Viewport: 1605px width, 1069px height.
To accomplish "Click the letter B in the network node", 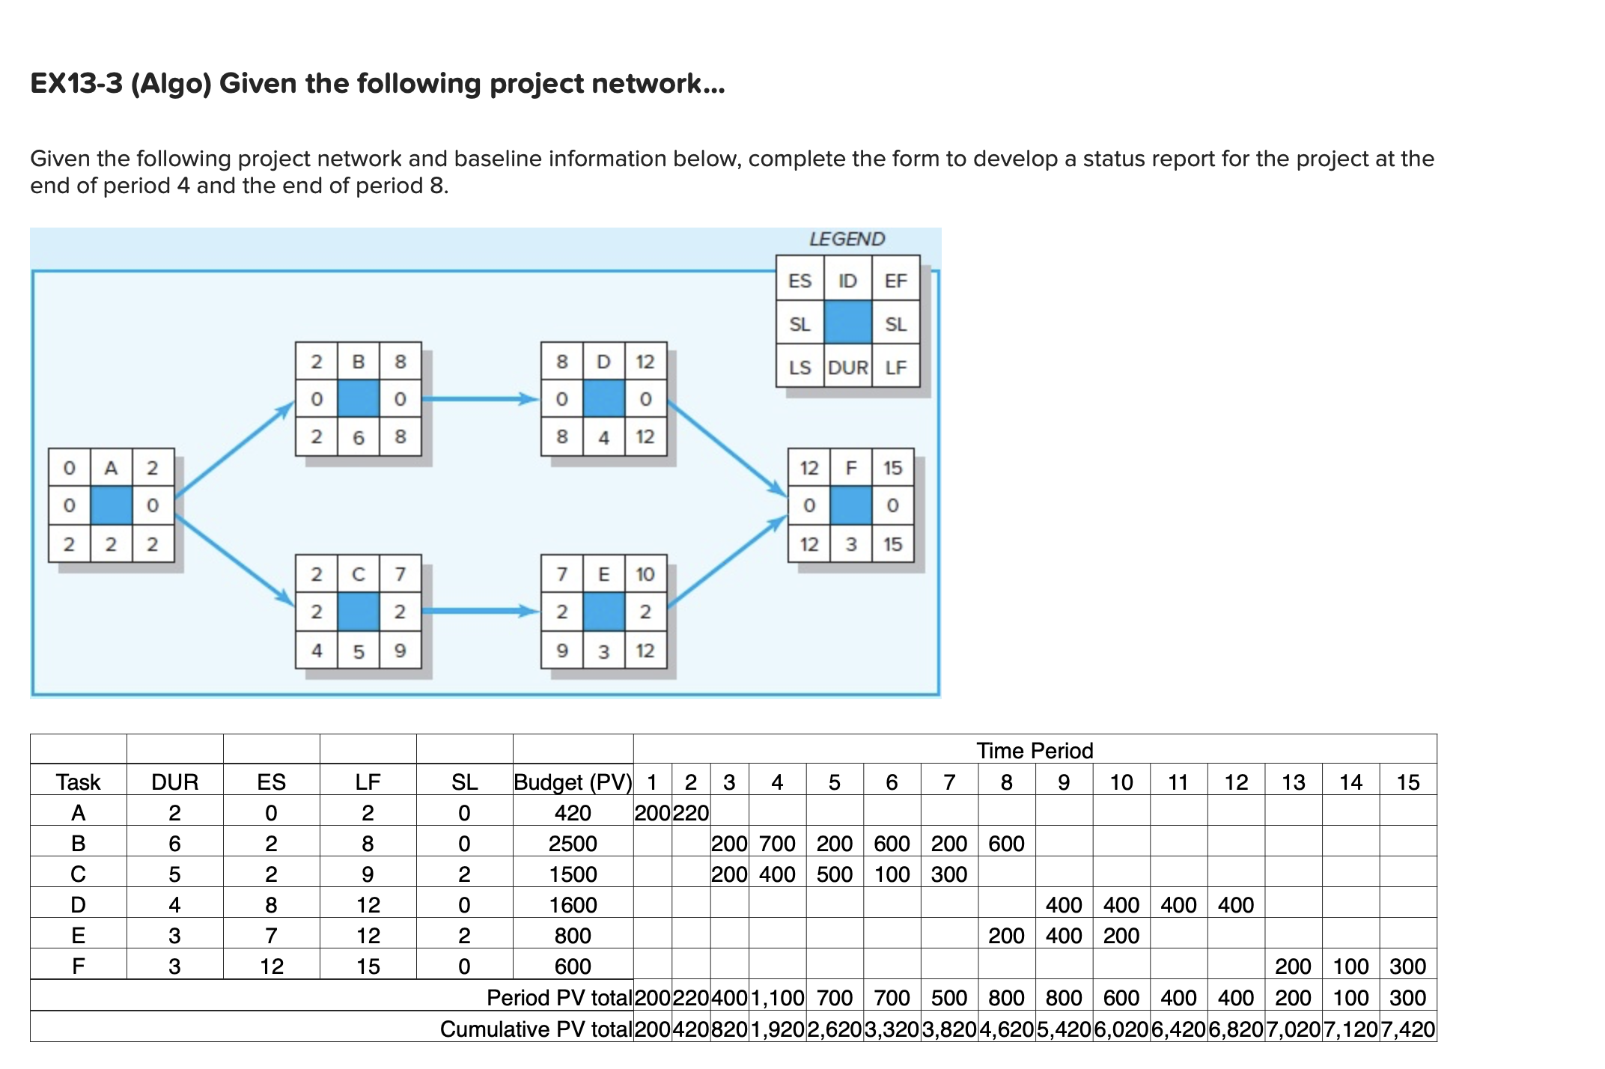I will point(358,362).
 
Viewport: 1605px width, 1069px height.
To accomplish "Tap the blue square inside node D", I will point(603,398).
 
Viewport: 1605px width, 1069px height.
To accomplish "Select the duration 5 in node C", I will point(358,651).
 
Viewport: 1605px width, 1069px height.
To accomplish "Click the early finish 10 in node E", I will point(645,574).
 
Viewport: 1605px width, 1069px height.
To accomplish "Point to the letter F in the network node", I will point(850,468).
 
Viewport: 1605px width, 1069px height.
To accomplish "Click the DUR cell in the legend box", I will point(847,368).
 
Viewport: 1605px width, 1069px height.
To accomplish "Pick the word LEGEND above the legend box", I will point(847,239).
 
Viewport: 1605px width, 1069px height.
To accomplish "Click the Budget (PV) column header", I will point(573,782).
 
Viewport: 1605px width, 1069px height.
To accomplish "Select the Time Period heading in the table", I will point(1035,750).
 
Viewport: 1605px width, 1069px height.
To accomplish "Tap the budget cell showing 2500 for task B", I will point(573,844).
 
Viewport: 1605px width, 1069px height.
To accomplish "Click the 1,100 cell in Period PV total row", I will point(777,998).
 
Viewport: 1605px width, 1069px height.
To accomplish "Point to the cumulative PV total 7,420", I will point(1407,1029).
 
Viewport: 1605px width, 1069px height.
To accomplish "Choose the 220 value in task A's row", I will point(690,813).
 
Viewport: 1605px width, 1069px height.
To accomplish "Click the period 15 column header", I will point(1407,782).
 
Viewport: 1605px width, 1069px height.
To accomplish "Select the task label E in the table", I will point(78,936).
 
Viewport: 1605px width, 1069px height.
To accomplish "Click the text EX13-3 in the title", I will point(76,83).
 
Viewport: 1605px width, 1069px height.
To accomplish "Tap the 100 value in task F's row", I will point(1350,966).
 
